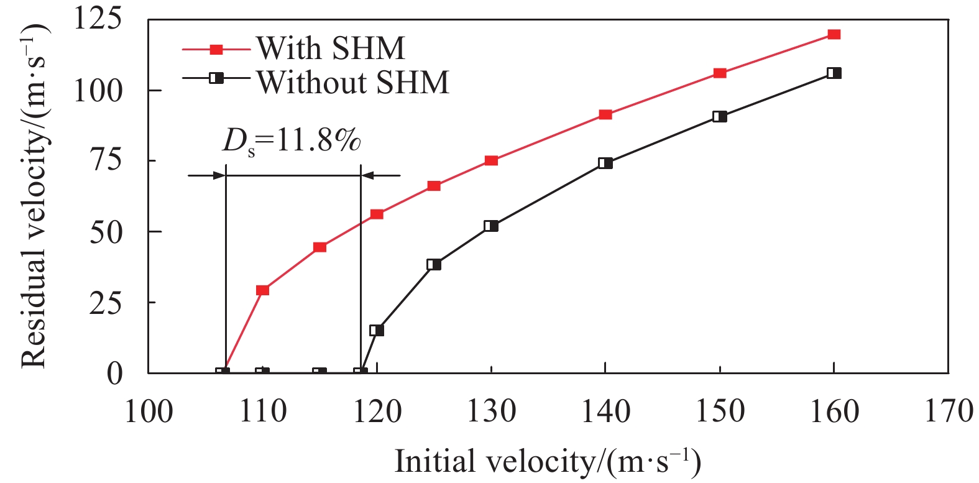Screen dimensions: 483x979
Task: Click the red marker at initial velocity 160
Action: click(x=834, y=34)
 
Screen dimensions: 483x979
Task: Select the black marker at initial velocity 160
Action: click(x=834, y=73)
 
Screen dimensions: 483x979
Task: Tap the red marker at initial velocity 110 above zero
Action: click(x=262, y=290)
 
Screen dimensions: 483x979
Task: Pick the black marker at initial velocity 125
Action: click(x=434, y=264)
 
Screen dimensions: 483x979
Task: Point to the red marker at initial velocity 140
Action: click(x=605, y=114)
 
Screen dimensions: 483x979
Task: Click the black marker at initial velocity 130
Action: click(x=491, y=226)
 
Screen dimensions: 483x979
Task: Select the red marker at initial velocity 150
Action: click(x=720, y=73)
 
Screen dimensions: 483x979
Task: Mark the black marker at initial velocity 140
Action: click(x=605, y=163)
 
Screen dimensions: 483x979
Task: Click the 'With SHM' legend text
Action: click(x=331, y=48)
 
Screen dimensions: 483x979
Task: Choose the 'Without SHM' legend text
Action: click(x=353, y=82)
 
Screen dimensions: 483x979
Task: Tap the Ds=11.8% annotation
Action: click(x=292, y=141)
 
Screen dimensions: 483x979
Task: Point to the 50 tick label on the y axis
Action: click(x=106, y=232)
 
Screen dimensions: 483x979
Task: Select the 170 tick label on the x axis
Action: click(x=948, y=412)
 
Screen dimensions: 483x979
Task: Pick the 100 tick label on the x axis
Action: click(x=149, y=412)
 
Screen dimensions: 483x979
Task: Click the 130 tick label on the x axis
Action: click(x=491, y=412)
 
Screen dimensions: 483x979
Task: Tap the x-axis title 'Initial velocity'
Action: click(x=547, y=462)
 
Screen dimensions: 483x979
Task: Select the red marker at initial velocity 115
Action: click(x=319, y=247)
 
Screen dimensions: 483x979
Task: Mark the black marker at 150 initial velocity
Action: click(x=720, y=116)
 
